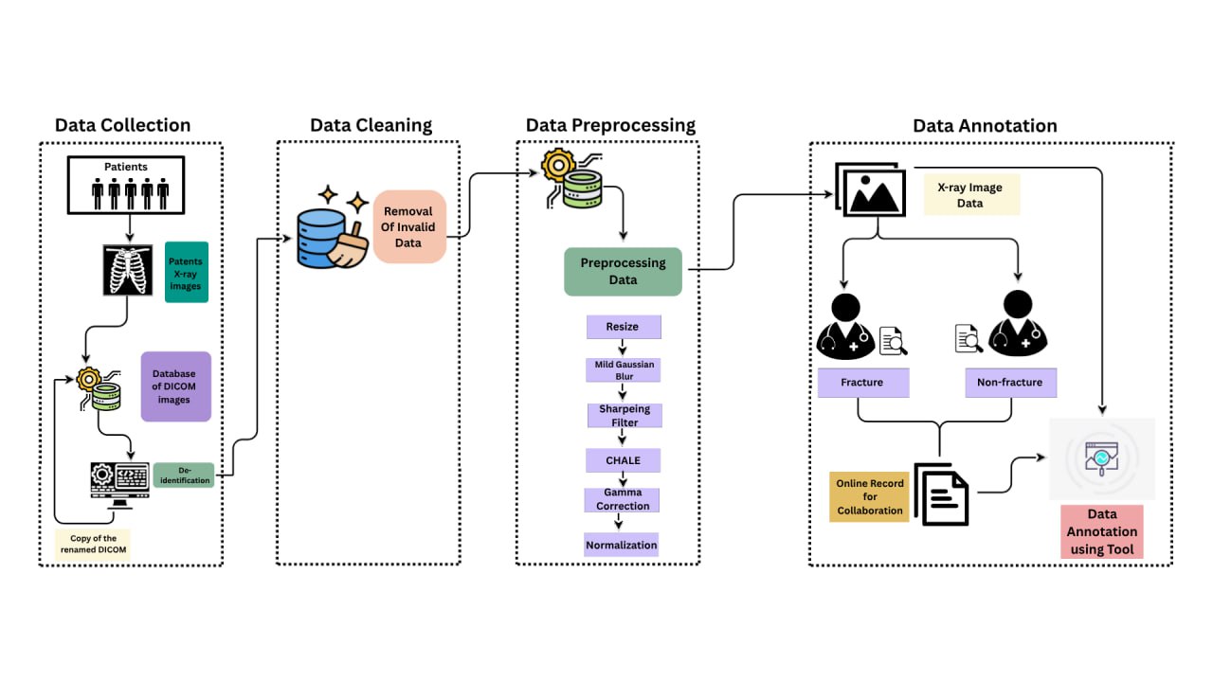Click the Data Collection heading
click(122, 125)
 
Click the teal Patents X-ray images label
click(186, 274)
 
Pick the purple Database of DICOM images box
click(174, 386)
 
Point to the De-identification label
click(183, 475)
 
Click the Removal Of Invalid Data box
click(408, 225)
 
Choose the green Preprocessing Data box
click(623, 272)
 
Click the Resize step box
click(623, 327)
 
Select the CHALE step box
click(623, 460)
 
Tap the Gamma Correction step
click(623, 499)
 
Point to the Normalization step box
click(621, 545)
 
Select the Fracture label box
click(862, 383)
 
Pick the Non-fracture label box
click(1010, 383)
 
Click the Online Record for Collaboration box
click(869, 496)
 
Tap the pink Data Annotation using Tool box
click(1101, 531)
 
